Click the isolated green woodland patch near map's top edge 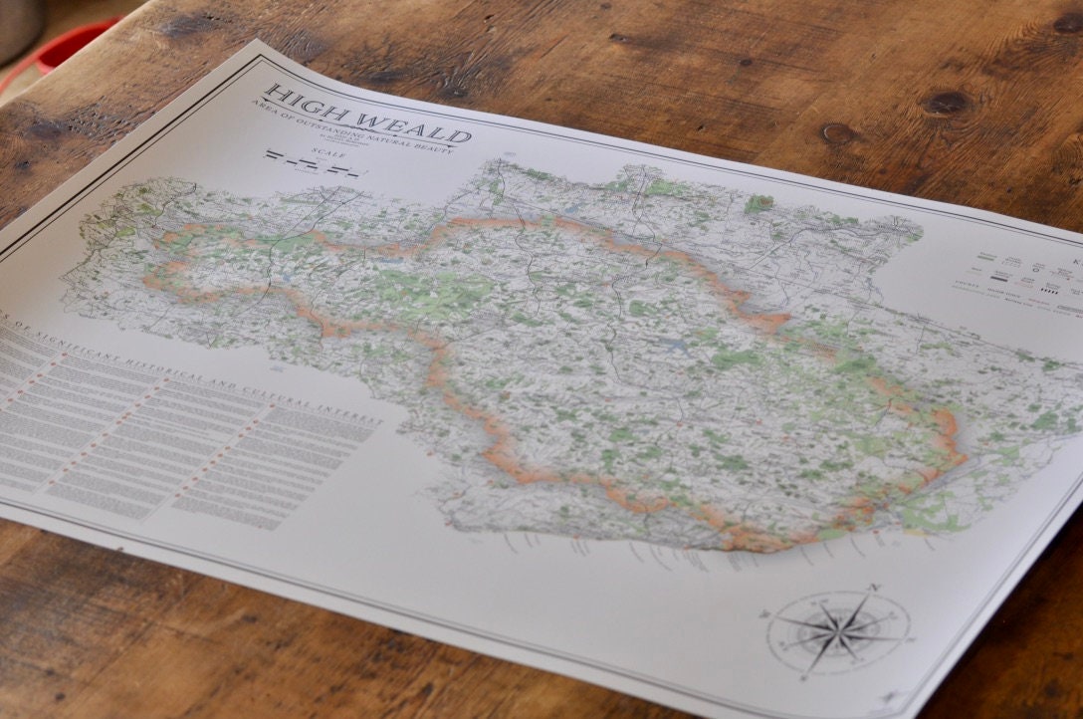[758, 204]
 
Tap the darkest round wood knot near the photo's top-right [945, 103]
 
